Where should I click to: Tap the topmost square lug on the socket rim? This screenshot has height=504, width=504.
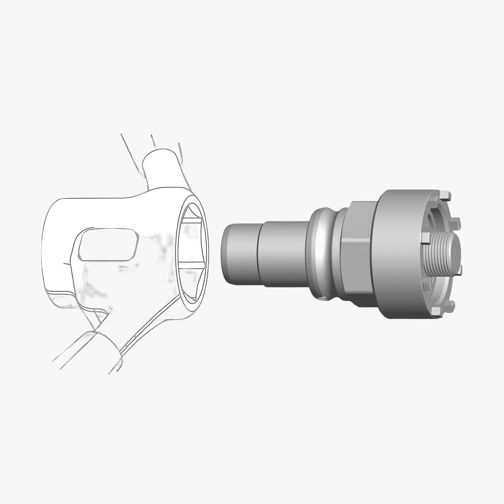tap(446, 196)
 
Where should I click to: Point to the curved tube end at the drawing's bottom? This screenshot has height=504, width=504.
tap(94, 350)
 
